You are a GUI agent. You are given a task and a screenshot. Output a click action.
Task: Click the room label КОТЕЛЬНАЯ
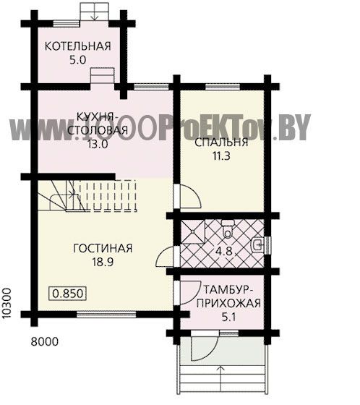[x=78, y=46]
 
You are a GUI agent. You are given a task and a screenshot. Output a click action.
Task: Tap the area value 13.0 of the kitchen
[x=98, y=145]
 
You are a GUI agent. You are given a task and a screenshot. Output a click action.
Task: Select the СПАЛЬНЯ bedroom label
[x=221, y=142]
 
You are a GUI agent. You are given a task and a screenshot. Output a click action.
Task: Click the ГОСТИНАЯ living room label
[x=103, y=248]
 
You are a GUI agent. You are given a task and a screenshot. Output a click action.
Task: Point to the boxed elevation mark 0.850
[x=68, y=293]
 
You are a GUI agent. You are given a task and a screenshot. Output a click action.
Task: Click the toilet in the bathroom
[x=228, y=229]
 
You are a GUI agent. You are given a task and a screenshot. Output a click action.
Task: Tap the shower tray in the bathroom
[x=193, y=231]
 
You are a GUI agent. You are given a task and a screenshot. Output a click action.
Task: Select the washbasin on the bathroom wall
[x=257, y=245]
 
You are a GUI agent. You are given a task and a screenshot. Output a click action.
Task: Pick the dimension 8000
[x=45, y=341]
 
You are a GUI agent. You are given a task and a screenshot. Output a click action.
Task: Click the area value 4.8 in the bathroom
[x=224, y=251]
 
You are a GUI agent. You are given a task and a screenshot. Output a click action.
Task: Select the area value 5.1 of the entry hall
[x=229, y=317]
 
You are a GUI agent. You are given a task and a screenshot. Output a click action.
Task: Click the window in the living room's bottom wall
[x=106, y=315]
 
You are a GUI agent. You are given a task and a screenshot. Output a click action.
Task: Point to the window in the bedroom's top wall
[x=223, y=87]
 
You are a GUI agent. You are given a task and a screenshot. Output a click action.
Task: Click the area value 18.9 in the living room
[x=103, y=262]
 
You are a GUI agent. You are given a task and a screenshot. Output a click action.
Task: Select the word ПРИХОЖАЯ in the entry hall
[x=228, y=303]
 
